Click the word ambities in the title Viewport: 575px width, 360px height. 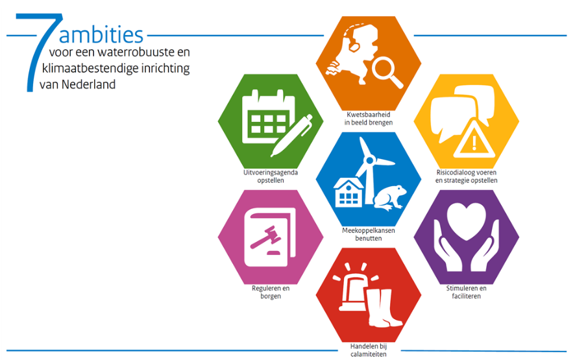point(101,35)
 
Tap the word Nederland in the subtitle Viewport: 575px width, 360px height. point(88,84)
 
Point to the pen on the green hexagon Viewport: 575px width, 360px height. point(292,136)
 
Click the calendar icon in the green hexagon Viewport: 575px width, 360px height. point(268,117)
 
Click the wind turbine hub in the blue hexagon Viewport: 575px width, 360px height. point(370,160)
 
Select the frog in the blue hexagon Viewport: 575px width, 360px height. point(390,198)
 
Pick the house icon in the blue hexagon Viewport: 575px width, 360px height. point(349,193)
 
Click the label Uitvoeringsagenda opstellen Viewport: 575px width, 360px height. point(271,176)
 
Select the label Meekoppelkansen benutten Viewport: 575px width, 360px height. point(369,234)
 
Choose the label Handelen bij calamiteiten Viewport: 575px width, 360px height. point(369,350)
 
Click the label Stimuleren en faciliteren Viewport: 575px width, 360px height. point(467,292)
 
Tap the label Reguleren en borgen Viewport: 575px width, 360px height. point(271,292)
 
